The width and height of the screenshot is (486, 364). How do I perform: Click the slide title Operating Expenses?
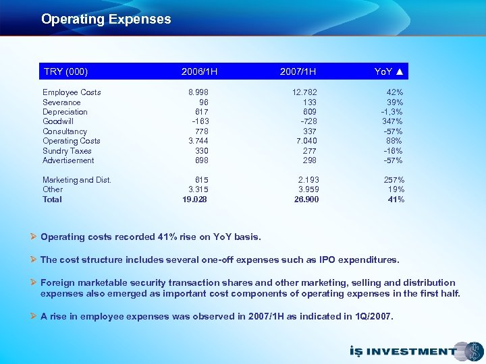coord(106,20)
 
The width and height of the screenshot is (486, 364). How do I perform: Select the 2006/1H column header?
coord(199,71)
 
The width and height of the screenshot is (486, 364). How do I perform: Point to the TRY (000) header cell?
coord(65,71)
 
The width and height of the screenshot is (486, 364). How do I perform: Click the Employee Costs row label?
coord(72,92)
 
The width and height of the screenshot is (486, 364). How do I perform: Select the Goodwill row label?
coord(58,121)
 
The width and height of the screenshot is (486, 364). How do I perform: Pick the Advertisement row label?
coord(68,160)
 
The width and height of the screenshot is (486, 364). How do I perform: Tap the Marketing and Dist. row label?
coord(77,180)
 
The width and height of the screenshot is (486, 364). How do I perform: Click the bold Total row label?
coord(52,200)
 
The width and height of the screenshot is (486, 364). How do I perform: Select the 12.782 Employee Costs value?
coord(304,92)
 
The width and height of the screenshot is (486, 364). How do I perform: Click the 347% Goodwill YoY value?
coord(393,121)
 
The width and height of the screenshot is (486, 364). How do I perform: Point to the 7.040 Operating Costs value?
coord(306,141)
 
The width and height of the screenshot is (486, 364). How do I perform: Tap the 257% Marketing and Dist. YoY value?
coord(394,180)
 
